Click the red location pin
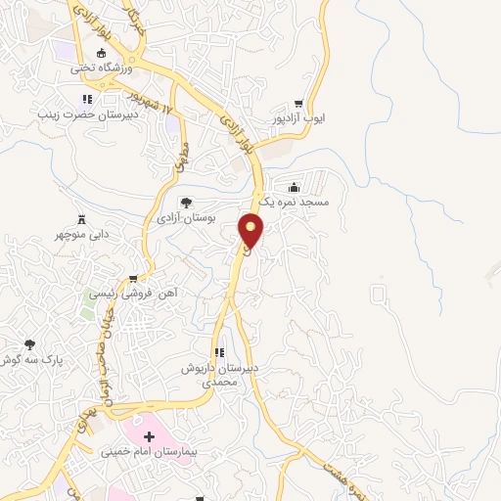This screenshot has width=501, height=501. tap(251, 230)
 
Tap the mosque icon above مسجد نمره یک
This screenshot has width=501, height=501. tap(294, 186)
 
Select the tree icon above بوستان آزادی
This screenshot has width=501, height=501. tap(186, 203)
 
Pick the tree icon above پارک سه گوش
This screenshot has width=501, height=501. tap(30, 344)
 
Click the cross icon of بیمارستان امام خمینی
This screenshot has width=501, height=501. tap(149, 435)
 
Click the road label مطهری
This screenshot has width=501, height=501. tap(180, 157)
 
